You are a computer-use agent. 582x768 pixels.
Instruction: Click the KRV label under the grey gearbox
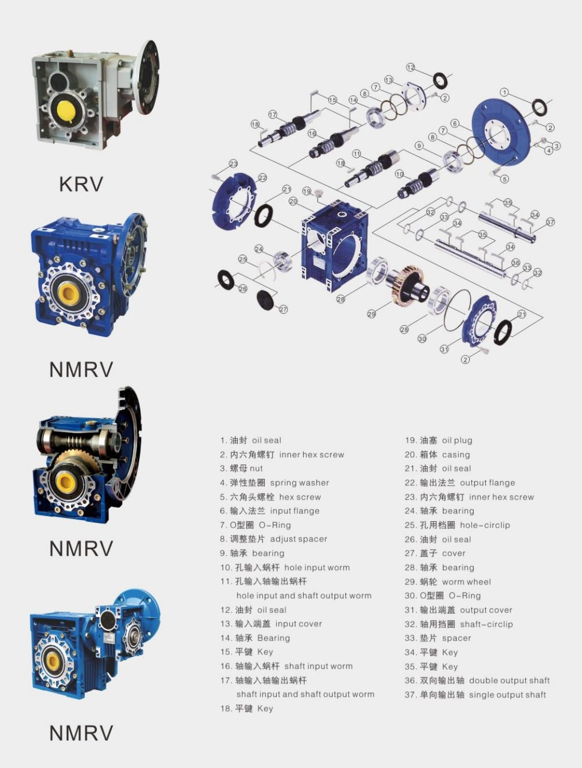click(81, 184)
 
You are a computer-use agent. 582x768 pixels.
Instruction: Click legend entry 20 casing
click(437, 454)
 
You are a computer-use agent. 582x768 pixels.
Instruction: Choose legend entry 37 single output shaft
click(475, 695)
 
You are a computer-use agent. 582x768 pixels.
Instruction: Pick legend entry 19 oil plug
click(438, 440)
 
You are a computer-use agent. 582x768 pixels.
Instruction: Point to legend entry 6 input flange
click(269, 510)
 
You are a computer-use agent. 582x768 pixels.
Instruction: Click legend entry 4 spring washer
click(274, 482)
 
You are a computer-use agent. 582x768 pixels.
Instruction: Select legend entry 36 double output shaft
click(477, 680)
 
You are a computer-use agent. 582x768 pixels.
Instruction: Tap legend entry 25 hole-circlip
click(457, 525)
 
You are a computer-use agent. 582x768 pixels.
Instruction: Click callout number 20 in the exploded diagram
click(293, 201)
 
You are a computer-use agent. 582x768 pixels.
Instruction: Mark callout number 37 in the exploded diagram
click(550, 222)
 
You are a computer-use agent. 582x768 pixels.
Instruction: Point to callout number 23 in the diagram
click(233, 164)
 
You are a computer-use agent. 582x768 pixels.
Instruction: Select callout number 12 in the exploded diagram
click(411, 68)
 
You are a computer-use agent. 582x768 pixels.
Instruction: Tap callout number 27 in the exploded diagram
click(283, 310)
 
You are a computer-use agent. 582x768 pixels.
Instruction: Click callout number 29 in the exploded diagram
click(372, 314)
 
